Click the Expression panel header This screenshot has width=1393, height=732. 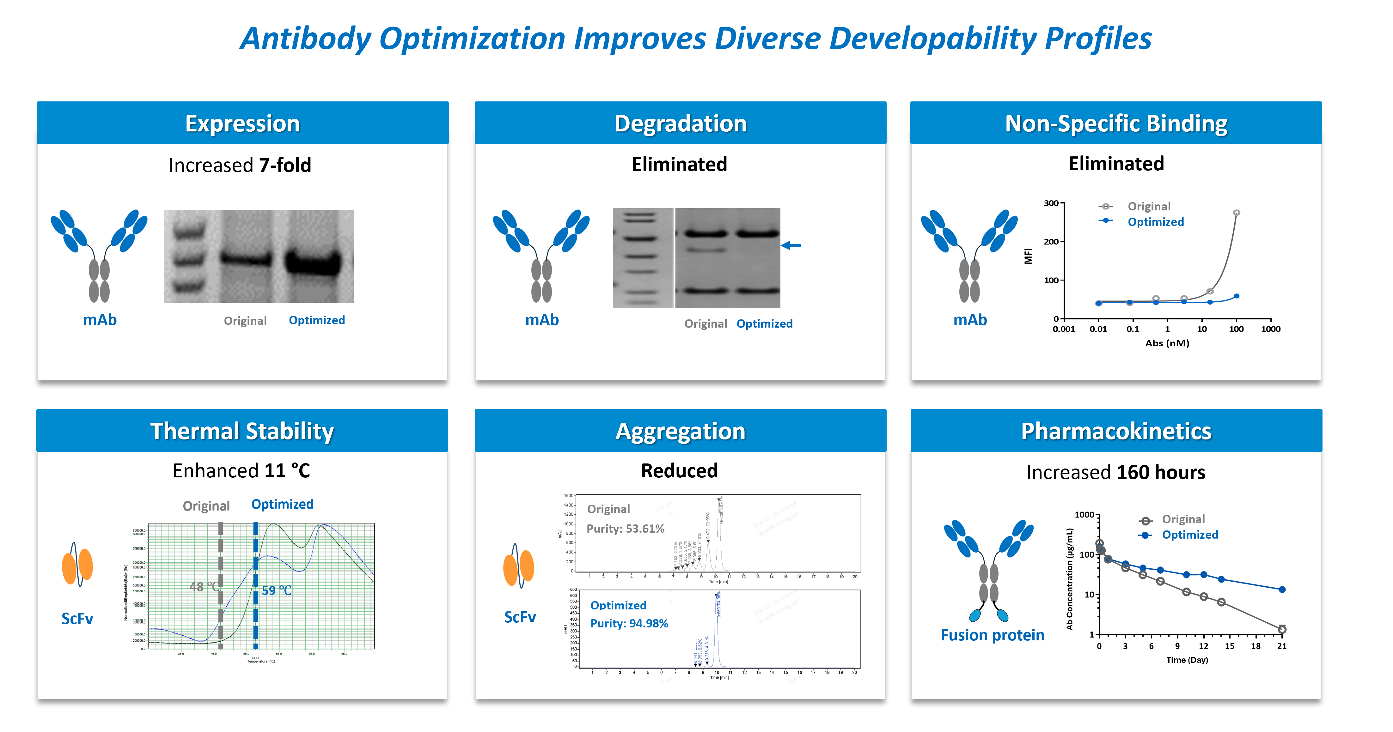pyautogui.click(x=242, y=123)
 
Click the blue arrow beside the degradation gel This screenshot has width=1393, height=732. pyautogui.click(x=791, y=245)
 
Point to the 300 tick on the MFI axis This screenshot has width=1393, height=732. pyautogui.click(x=1051, y=203)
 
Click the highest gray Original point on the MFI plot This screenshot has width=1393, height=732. pyautogui.click(x=1236, y=213)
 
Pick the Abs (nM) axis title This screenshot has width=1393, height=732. pyautogui.click(x=1167, y=343)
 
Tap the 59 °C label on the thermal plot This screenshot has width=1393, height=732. pyautogui.click(x=276, y=590)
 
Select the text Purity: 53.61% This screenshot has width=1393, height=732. pyautogui.click(x=625, y=529)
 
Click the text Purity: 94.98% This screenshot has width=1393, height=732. pyautogui.click(x=629, y=623)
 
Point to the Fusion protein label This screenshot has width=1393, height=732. pyautogui.click(x=992, y=635)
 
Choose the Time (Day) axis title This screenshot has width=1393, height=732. pyautogui.click(x=1187, y=660)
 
